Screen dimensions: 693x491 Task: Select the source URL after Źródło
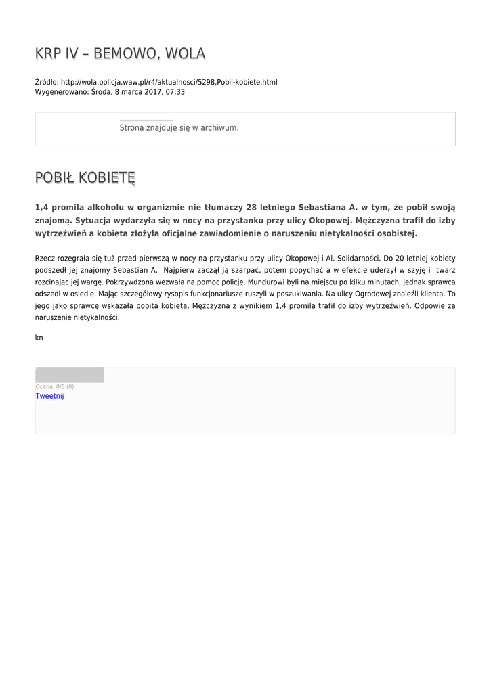169,82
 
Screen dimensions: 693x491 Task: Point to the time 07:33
175,92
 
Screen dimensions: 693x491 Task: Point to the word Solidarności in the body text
358,258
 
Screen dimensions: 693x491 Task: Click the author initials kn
39,337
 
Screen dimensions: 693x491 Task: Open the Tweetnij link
49,396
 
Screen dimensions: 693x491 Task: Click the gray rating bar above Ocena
69,375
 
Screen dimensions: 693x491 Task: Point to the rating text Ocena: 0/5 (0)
55,386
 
